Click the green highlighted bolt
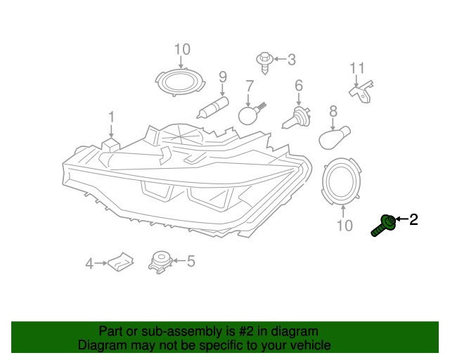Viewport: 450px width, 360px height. [x=383, y=226]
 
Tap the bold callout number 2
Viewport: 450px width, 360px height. [x=413, y=219]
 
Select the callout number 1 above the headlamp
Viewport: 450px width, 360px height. [x=111, y=117]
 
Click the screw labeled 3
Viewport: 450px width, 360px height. [x=264, y=63]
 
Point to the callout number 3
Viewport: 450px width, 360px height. [x=292, y=60]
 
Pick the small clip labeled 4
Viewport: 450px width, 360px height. [x=121, y=261]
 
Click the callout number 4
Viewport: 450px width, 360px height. [x=89, y=264]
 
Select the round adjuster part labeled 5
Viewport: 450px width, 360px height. [x=160, y=262]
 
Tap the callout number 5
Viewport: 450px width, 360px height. [x=191, y=262]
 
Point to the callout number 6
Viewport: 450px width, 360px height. [x=299, y=85]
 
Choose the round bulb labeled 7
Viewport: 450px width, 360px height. [x=250, y=114]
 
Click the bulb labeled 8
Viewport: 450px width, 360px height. [x=335, y=138]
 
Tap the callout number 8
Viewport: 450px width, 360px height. [x=333, y=111]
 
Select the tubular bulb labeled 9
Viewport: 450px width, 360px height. [x=213, y=108]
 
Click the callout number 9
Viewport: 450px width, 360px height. [x=223, y=77]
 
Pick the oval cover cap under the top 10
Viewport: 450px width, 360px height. [x=181, y=82]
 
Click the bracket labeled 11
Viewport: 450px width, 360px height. [x=361, y=92]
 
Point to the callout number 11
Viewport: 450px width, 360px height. [x=357, y=68]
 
